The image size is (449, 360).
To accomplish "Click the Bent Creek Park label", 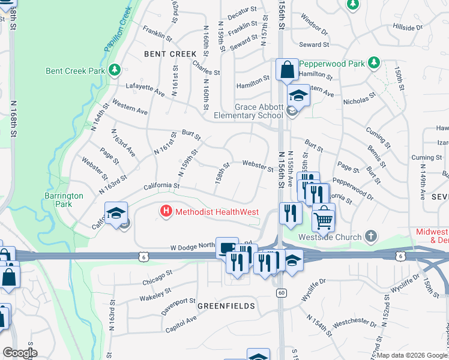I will (76, 71).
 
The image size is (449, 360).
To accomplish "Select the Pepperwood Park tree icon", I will (375, 62).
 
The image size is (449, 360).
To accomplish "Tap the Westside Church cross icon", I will (372, 236).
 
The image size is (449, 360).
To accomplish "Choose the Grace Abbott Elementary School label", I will (259, 111).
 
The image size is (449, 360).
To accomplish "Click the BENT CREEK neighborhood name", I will (170, 54).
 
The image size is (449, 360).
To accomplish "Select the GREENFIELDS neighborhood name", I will (226, 306).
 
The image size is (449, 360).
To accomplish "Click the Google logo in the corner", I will (20, 353).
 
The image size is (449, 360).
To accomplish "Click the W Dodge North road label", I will (191, 247).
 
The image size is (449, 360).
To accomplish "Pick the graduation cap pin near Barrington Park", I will (116, 214).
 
